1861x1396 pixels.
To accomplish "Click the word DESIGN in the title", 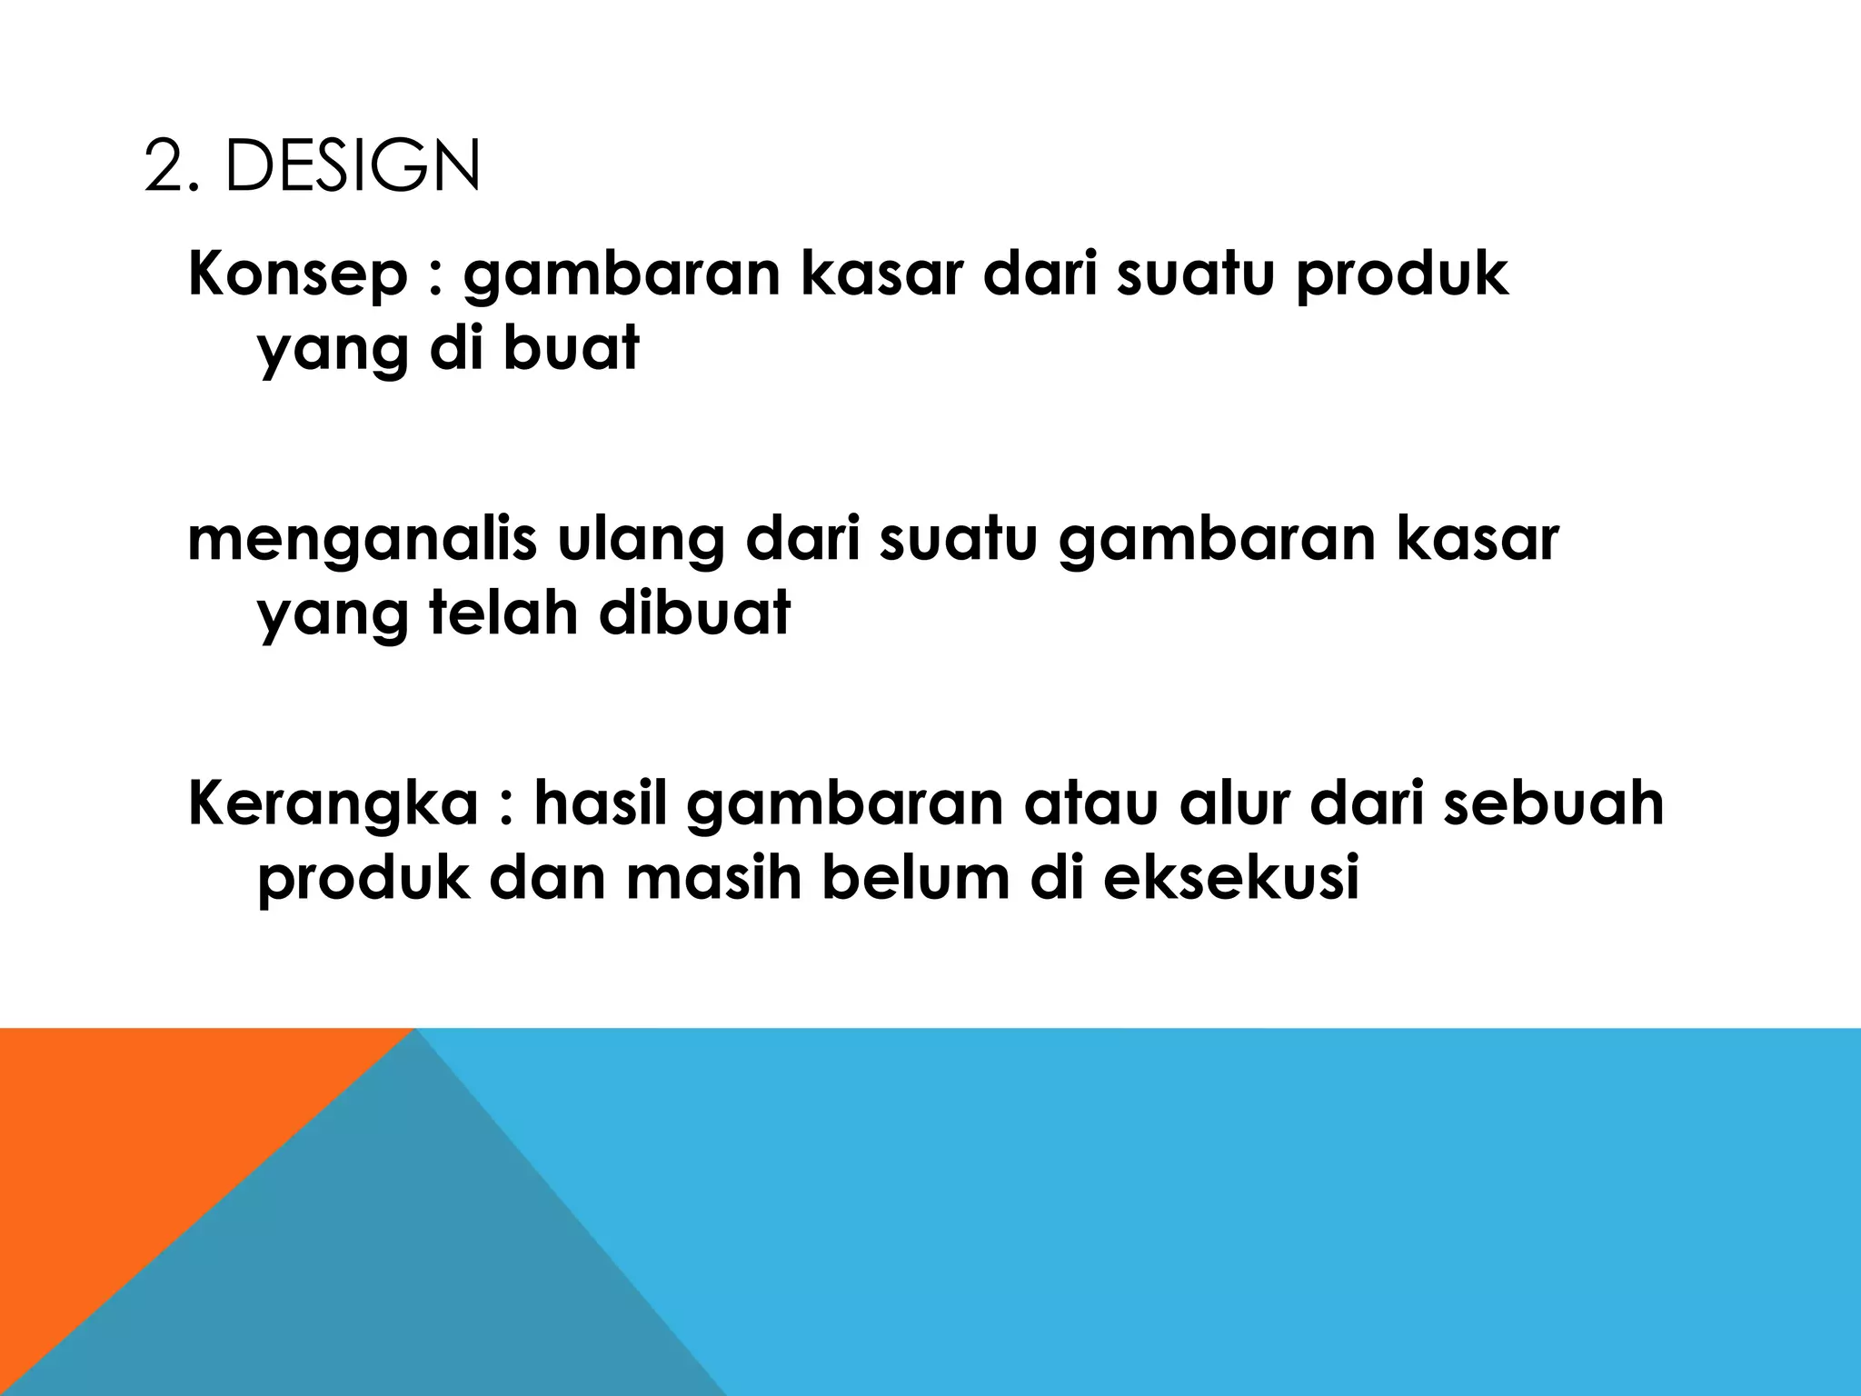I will tap(353, 168).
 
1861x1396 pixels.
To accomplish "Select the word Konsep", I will tap(298, 275).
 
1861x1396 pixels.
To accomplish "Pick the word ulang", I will tap(639, 541).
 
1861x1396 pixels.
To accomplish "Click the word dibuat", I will tap(695, 613).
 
